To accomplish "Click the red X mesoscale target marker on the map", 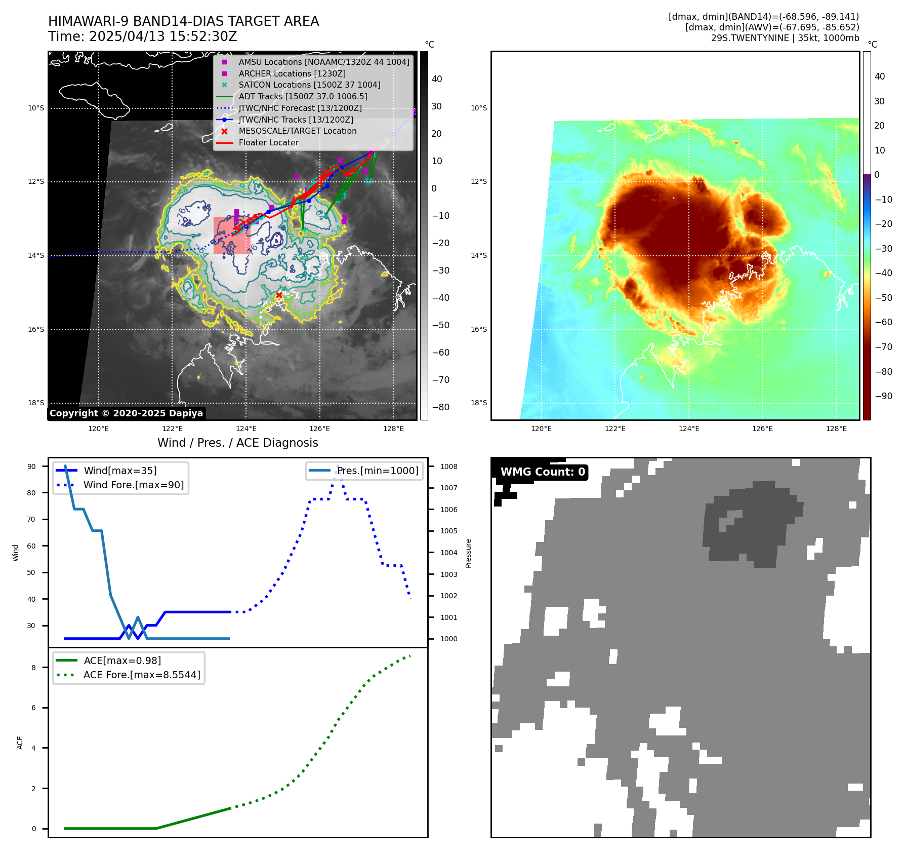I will pyautogui.click(x=279, y=295).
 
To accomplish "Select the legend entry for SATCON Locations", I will pyautogui.click(x=309, y=85).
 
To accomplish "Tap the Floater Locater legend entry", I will pyautogui.click(x=268, y=143).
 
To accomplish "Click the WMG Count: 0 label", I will pyautogui.click(x=543, y=472).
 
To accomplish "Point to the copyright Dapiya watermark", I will pyautogui.click(x=126, y=413).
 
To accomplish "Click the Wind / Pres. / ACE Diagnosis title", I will pyautogui.click(x=237, y=443).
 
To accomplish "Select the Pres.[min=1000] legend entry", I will pyautogui.click(x=378, y=471).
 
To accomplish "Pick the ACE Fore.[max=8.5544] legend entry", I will pyautogui.click(x=142, y=675).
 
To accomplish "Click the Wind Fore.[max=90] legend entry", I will pyautogui.click(x=134, y=485).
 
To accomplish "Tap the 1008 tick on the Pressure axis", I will pyautogui.click(x=448, y=466).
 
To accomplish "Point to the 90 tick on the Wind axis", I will pyautogui.click(x=31, y=466).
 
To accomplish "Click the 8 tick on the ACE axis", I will pyautogui.click(x=33, y=668).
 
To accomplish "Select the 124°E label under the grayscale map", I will pyautogui.click(x=246, y=429).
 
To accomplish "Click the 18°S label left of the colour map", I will pyautogui.click(x=478, y=403).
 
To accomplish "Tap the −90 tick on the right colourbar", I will pyautogui.click(x=883, y=396).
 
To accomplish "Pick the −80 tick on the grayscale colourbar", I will pyautogui.click(x=440, y=407).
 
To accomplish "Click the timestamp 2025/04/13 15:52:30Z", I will pyautogui.click(x=163, y=37).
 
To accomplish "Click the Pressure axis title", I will pyautogui.click(x=468, y=553).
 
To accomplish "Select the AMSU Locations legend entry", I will pyautogui.click(x=324, y=62).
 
